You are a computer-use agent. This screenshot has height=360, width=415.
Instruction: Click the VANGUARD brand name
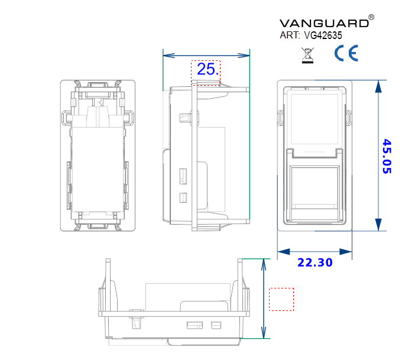point(323,23)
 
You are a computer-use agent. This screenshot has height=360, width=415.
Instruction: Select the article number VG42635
point(323,35)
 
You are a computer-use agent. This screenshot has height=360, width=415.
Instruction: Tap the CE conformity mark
point(346,54)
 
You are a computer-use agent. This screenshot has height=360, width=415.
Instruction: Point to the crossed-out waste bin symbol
point(307,56)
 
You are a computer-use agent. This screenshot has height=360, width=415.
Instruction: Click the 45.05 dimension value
point(387,156)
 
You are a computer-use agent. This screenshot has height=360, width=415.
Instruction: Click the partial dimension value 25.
point(208,69)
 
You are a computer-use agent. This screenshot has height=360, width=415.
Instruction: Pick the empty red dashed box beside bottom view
point(281,299)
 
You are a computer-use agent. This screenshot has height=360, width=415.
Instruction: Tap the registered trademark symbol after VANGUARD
point(371,18)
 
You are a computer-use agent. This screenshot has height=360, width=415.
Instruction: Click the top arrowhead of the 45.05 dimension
point(378,86)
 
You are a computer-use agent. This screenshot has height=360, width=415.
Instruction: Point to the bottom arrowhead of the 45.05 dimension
point(378,224)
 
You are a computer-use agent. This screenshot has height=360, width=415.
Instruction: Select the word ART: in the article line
point(290,35)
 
